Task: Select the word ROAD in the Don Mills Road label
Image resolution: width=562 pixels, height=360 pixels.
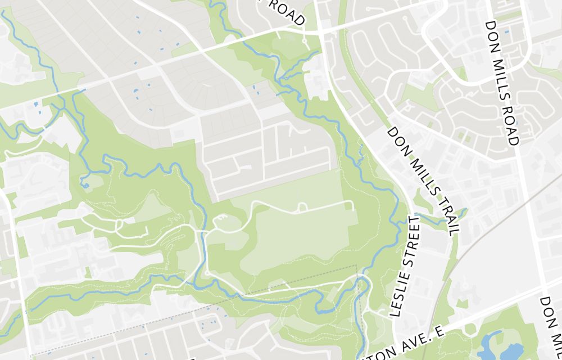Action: tap(511, 124)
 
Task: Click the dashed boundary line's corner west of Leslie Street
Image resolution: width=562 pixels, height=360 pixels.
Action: tap(356, 265)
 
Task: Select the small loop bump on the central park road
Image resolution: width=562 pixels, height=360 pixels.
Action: tap(302, 208)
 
